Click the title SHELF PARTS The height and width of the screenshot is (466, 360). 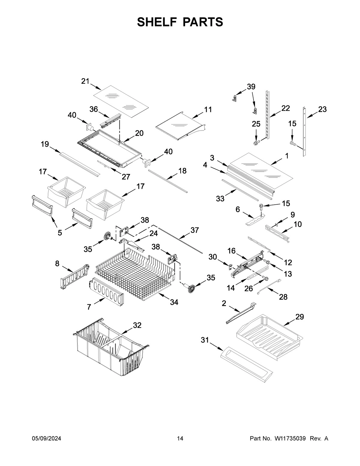(180, 22)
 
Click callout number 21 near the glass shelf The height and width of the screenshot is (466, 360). (85, 81)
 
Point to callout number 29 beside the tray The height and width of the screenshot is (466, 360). (299, 317)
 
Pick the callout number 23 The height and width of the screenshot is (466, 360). (322, 110)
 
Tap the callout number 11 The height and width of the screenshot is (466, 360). (208, 110)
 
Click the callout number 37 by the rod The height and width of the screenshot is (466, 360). (195, 230)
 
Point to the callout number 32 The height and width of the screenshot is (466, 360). (137, 325)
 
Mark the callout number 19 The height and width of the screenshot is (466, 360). (45, 144)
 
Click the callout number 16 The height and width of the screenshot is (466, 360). (231, 251)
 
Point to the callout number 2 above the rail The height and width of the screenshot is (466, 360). (224, 303)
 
